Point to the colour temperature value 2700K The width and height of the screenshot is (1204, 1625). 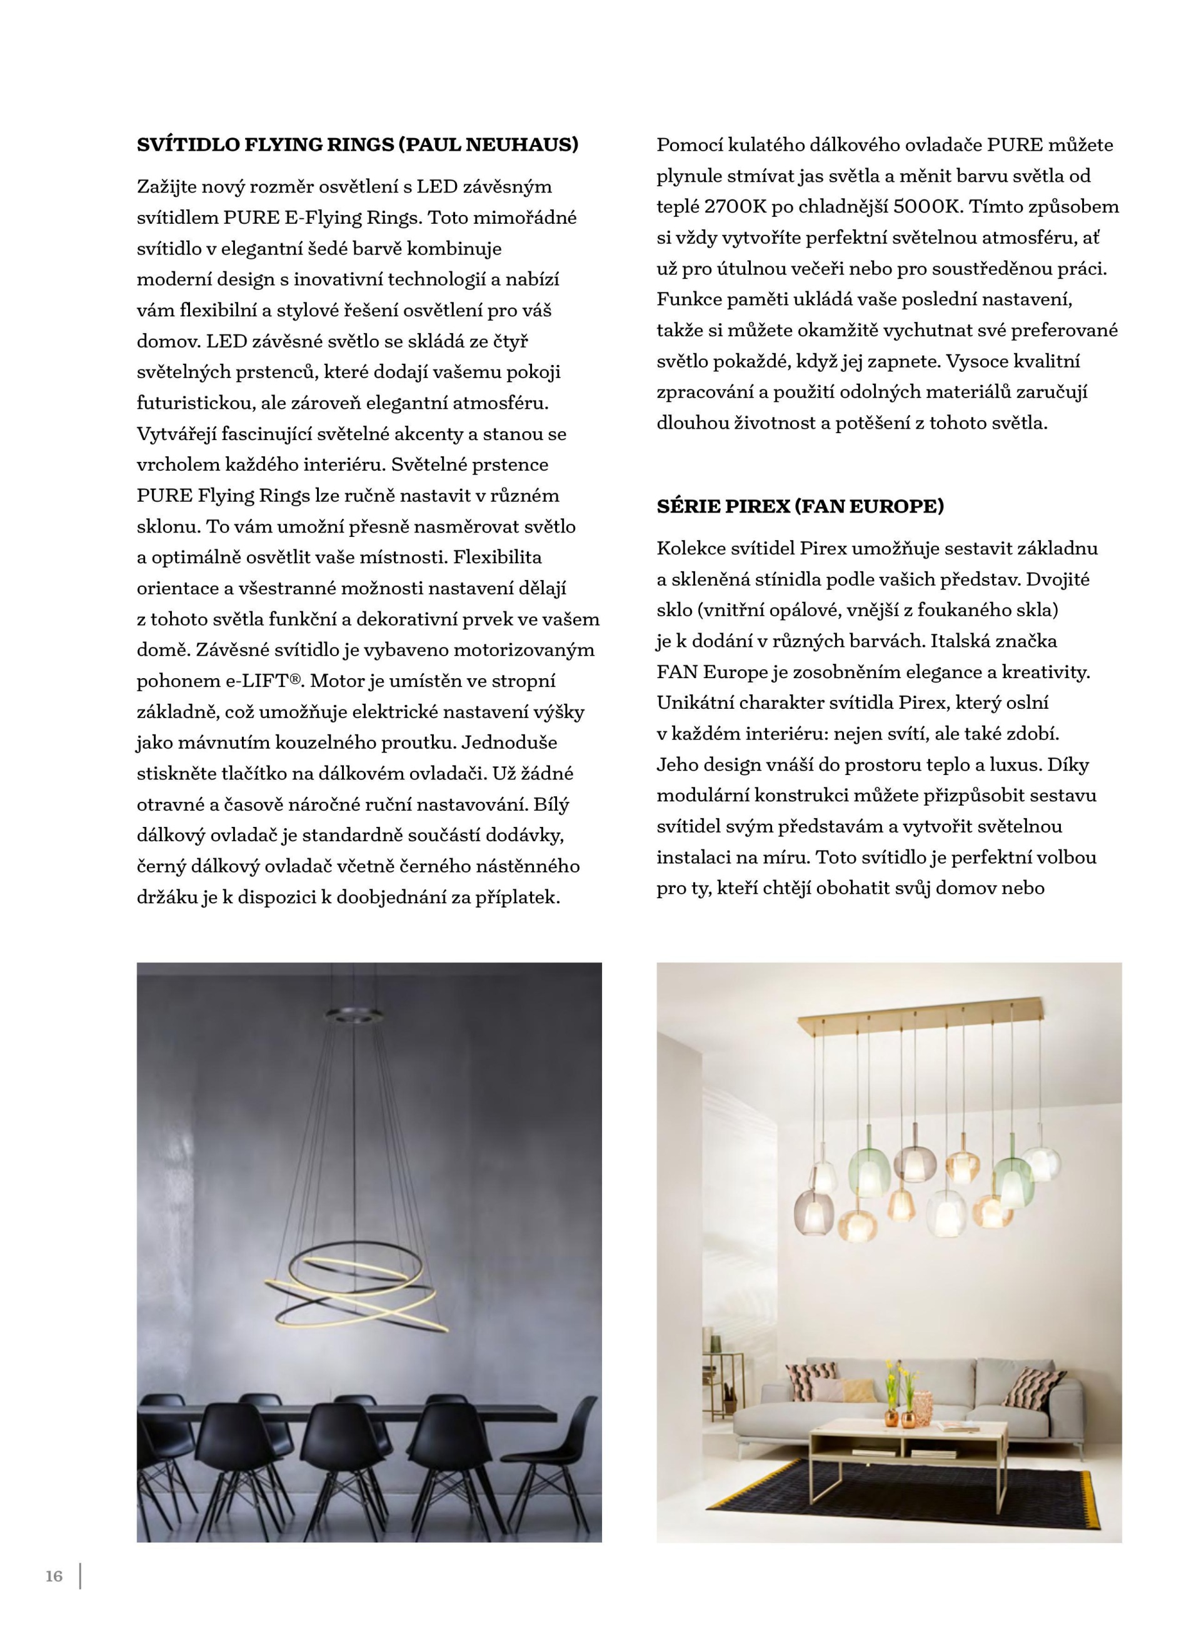tap(735, 207)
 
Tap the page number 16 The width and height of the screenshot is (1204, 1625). tap(54, 1576)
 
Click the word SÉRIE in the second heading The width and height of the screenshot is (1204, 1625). tap(688, 506)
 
